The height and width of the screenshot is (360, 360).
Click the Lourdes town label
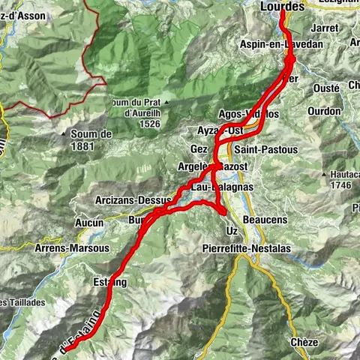pyautogui.click(x=283, y=6)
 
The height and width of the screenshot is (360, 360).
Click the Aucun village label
pyautogui.click(x=88, y=223)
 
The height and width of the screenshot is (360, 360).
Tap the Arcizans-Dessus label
pyautogui.click(x=134, y=201)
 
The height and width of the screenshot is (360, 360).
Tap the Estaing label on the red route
pyautogui.click(x=110, y=283)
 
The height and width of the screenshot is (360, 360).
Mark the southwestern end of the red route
pyautogui.click(x=64, y=349)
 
